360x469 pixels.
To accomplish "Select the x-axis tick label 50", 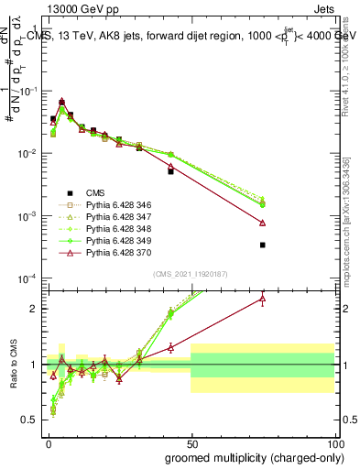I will coord(191,442).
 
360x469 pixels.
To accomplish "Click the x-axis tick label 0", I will coord(48,442).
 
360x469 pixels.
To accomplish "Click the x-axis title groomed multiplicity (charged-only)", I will coord(250,457).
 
